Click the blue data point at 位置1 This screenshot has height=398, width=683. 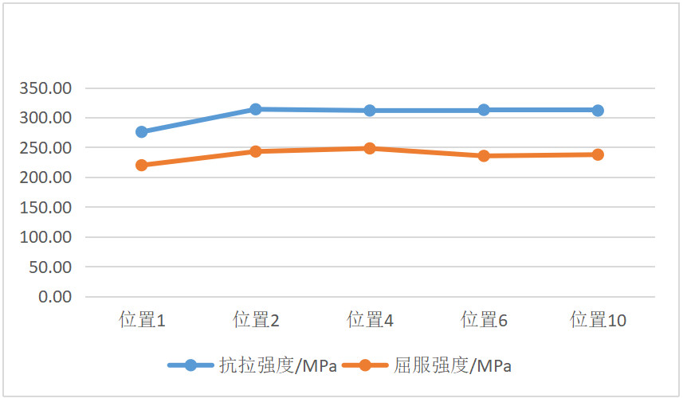142,131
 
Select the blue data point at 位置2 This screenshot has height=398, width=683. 256,109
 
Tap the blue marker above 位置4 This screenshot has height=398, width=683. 370,111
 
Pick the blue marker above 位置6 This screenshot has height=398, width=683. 484,110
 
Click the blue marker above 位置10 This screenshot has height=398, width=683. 598,110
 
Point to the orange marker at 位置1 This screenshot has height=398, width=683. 142,165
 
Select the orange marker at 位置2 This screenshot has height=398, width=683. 256,151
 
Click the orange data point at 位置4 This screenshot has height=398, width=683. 370,148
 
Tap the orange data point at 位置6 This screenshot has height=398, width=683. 484,156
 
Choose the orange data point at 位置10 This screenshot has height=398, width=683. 598,154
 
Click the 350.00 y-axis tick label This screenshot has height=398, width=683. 45,88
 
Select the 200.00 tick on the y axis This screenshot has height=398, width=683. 45,178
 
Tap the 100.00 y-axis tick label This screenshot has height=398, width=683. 45,237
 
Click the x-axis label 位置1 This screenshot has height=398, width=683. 142,321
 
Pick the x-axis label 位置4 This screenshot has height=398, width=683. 370,321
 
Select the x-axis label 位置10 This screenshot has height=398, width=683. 598,321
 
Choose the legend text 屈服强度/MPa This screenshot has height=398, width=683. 453,366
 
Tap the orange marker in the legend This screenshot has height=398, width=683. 365,365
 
